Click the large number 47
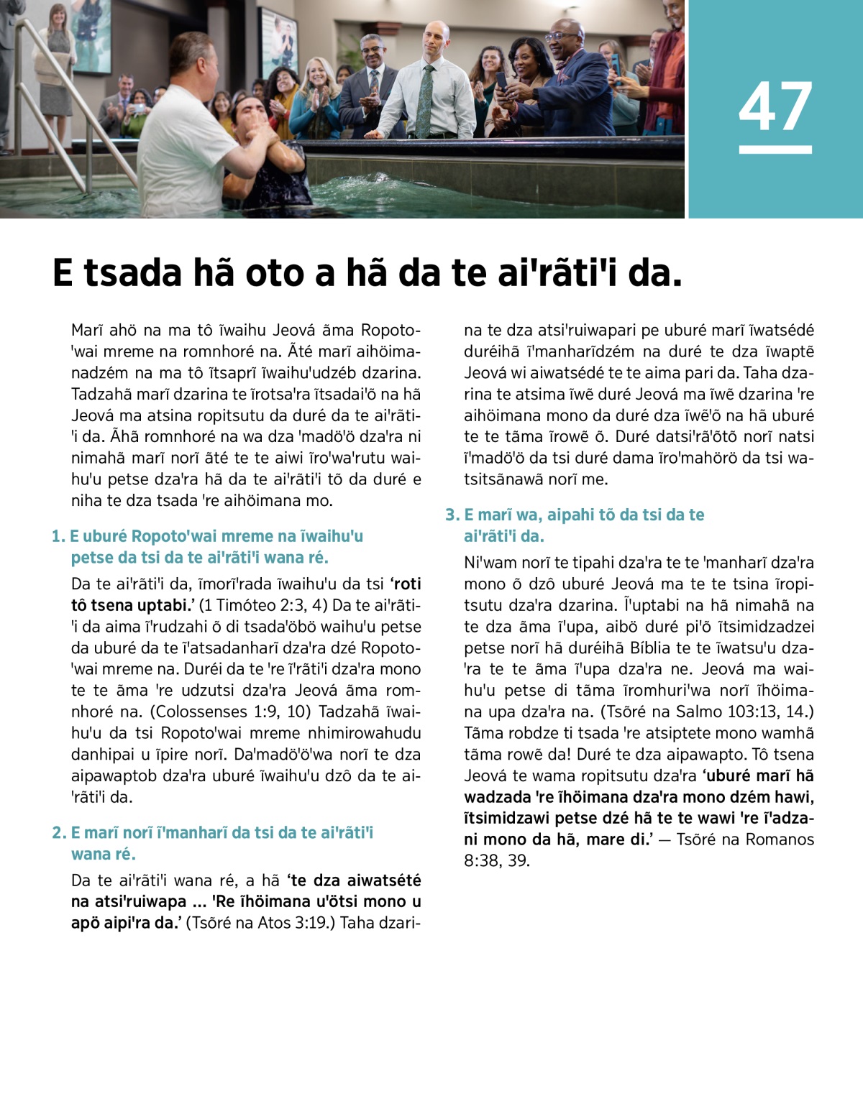[x=775, y=106]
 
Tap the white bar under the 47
[x=775, y=149]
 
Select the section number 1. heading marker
[x=58, y=536]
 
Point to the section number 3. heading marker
[x=452, y=515]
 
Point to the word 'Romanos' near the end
[x=780, y=839]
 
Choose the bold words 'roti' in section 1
[x=407, y=584]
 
